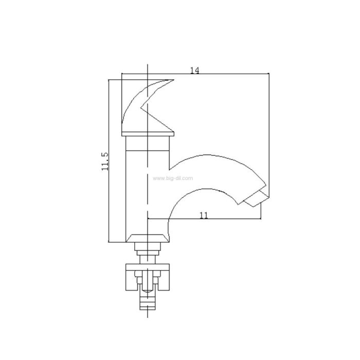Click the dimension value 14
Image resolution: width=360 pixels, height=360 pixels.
195,70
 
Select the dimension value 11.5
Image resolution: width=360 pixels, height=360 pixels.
105,161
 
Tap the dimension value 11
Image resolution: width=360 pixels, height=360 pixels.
204,215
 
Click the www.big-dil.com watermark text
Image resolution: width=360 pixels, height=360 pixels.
173,178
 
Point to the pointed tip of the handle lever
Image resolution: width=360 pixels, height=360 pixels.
174,80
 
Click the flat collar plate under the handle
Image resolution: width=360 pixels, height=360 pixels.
148,134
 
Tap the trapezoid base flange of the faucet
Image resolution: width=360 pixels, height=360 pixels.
148,238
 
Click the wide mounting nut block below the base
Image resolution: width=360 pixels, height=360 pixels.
148,277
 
